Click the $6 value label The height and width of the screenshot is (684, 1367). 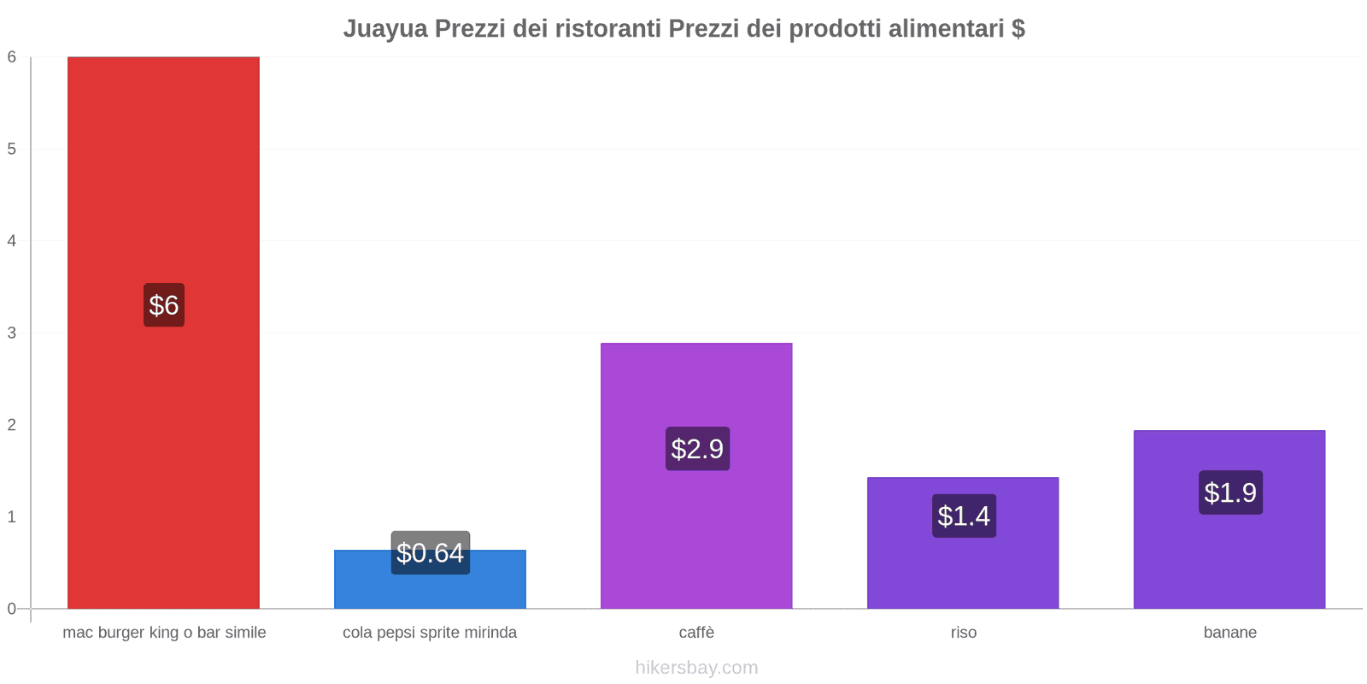(164, 305)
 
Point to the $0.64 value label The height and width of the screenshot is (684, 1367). (431, 553)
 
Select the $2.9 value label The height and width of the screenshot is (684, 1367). (697, 449)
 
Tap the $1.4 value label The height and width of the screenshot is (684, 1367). (964, 516)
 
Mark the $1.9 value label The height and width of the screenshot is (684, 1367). (1230, 492)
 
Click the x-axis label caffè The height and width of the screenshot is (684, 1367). (696, 633)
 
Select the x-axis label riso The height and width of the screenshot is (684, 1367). (963, 633)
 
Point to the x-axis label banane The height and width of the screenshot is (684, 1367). (1229, 633)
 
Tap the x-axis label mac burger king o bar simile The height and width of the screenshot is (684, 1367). (164, 633)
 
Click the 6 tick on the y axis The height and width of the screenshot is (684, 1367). (12, 57)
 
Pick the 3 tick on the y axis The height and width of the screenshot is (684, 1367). (12, 333)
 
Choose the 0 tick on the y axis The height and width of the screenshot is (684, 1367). (12, 609)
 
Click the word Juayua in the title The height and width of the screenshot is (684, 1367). (384, 29)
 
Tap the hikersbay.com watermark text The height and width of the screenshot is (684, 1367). (696, 668)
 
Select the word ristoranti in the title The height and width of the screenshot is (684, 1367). (608, 29)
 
